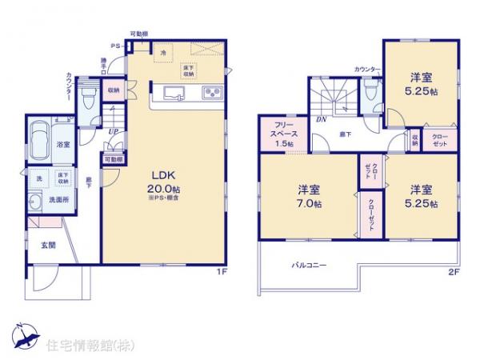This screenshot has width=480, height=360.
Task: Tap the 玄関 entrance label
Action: click(48, 244)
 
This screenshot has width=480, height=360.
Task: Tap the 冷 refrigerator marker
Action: click(163, 53)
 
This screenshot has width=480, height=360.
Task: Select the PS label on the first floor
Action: click(115, 46)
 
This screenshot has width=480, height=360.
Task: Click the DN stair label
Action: click(320, 118)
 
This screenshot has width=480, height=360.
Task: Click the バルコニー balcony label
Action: click(308, 265)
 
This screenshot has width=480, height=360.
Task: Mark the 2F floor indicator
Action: click(454, 271)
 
